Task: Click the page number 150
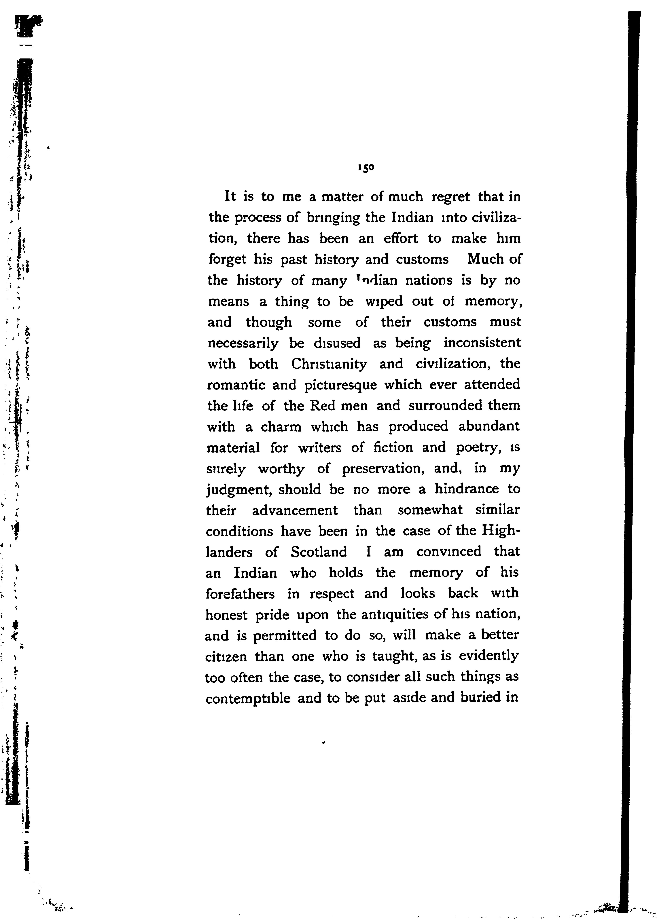coord(366,168)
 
